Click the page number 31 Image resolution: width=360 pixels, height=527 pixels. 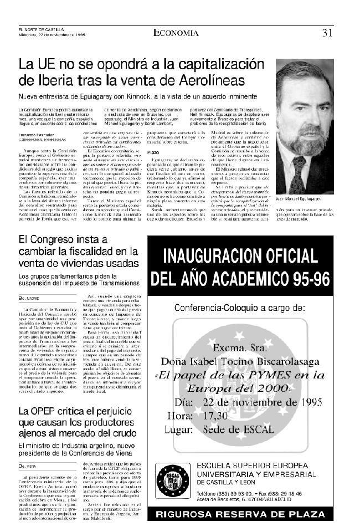tap(327, 32)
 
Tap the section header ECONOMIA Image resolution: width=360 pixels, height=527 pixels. tap(176, 33)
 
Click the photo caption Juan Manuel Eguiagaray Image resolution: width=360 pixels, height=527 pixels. tap(304, 211)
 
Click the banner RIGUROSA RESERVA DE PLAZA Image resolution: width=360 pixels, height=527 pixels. tap(240, 514)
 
